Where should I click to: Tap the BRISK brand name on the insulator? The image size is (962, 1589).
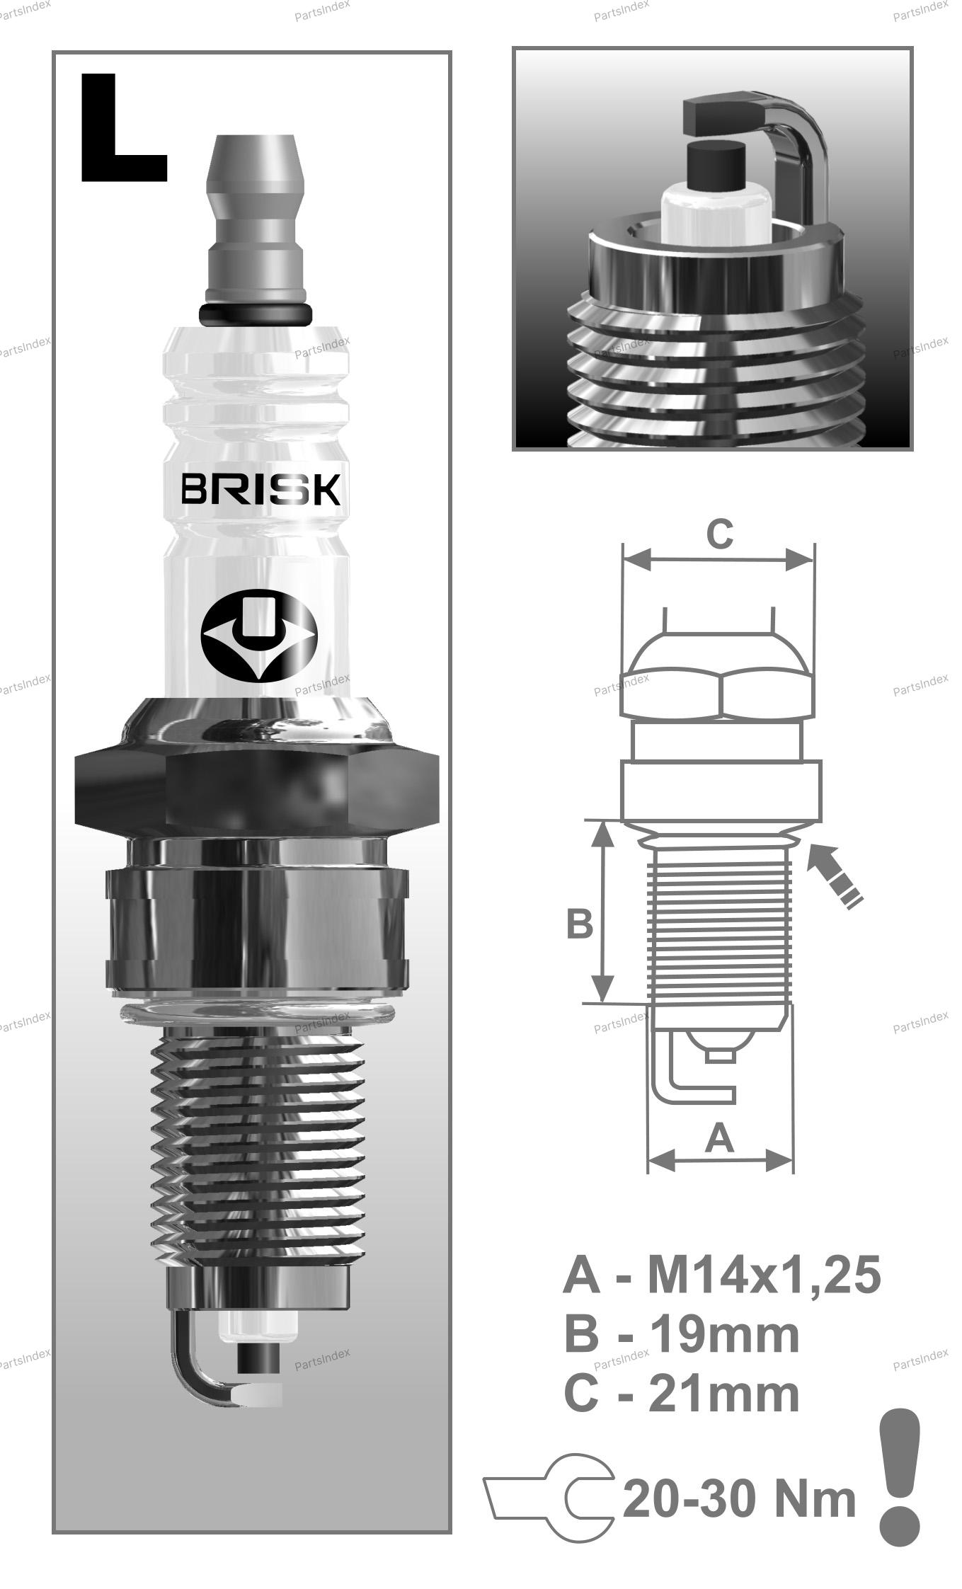(x=260, y=489)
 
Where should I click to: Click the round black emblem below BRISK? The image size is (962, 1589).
(x=258, y=636)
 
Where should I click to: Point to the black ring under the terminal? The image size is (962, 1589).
(x=256, y=315)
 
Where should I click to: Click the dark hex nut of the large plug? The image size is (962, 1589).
(x=257, y=791)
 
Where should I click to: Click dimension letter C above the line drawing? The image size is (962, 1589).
(x=720, y=534)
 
